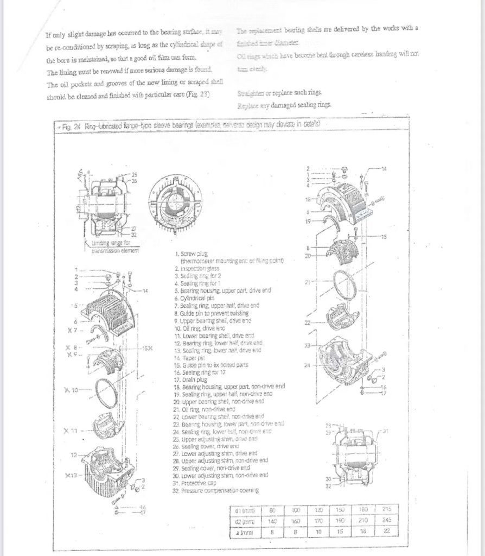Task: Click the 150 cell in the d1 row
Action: [x=340, y=510]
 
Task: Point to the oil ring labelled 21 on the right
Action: [x=344, y=283]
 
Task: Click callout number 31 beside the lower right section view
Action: [x=386, y=431]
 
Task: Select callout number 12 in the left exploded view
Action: [x=73, y=454]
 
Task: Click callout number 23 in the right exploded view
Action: [x=308, y=345]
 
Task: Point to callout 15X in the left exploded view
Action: [x=145, y=347]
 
